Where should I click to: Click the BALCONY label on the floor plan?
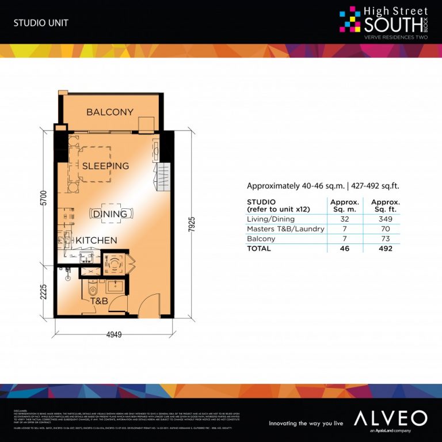110,112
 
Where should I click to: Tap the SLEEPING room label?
105,166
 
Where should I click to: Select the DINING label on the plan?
110,214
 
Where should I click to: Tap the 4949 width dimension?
113,336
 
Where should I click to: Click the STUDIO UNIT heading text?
37,24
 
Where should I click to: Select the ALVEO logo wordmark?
390,418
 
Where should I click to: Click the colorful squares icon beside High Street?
350,19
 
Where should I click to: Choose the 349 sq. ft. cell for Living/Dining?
386,219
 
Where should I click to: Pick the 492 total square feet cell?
386,249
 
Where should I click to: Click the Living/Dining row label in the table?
270,219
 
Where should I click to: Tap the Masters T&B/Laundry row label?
285,229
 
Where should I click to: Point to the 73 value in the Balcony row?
386,239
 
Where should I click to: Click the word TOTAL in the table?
259,249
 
